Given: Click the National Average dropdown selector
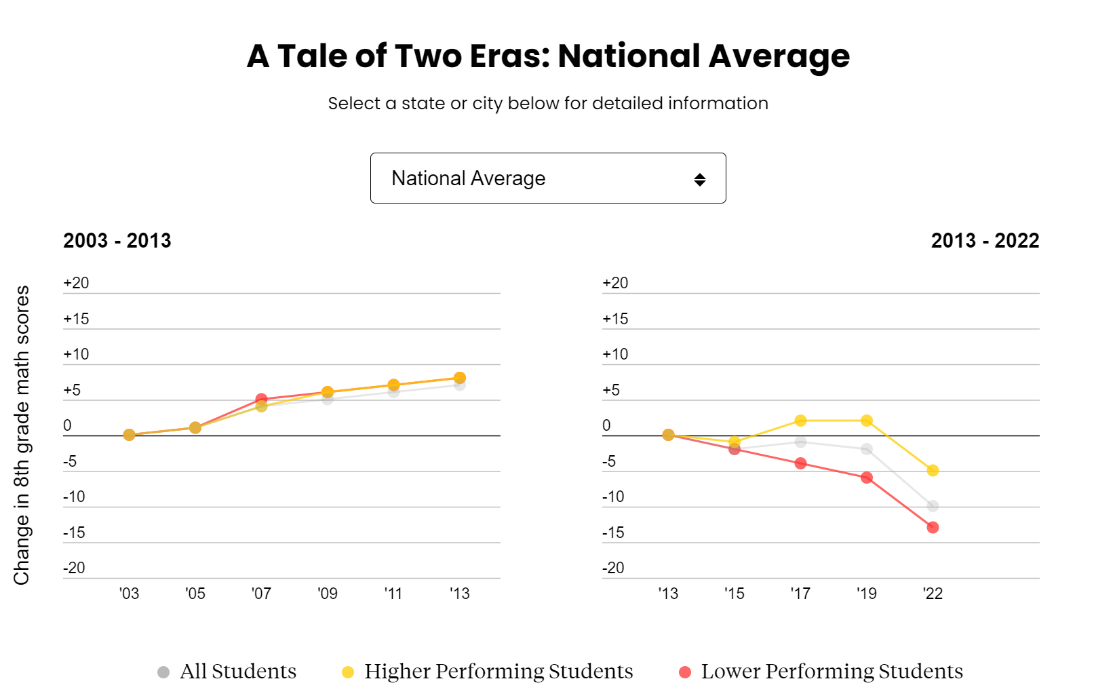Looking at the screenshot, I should pyautogui.click(x=547, y=178).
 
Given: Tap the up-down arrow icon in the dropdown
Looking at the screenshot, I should pyautogui.click(x=700, y=180).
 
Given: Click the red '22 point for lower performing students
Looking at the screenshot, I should pyautogui.click(x=933, y=527).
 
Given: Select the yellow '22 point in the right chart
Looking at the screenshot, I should pyautogui.click(x=933, y=470).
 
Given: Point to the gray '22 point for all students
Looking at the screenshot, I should pyautogui.click(x=933, y=506).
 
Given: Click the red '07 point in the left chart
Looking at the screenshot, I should pyautogui.click(x=261, y=399).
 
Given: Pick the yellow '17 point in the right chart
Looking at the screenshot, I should pyautogui.click(x=800, y=421).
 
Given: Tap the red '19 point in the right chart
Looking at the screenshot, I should pyautogui.click(x=866, y=478).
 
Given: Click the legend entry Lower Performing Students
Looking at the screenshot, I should pyautogui.click(x=821, y=672).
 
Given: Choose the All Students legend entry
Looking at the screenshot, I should pyautogui.click(x=227, y=672).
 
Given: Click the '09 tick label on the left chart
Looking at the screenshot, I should pyautogui.click(x=328, y=594).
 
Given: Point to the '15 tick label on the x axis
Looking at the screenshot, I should pyautogui.click(x=734, y=594).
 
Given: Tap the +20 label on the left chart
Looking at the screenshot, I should pyautogui.click(x=76, y=283).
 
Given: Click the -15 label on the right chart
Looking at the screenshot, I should pyautogui.click(x=613, y=533).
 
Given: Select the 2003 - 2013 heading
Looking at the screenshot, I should pyautogui.click(x=117, y=241).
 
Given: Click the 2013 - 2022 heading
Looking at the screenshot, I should pyautogui.click(x=985, y=241).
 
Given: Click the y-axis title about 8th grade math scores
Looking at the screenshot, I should pyautogui.click(x=22, y=434).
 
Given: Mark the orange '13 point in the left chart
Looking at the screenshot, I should pyautogui.click(x=459, y=378).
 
